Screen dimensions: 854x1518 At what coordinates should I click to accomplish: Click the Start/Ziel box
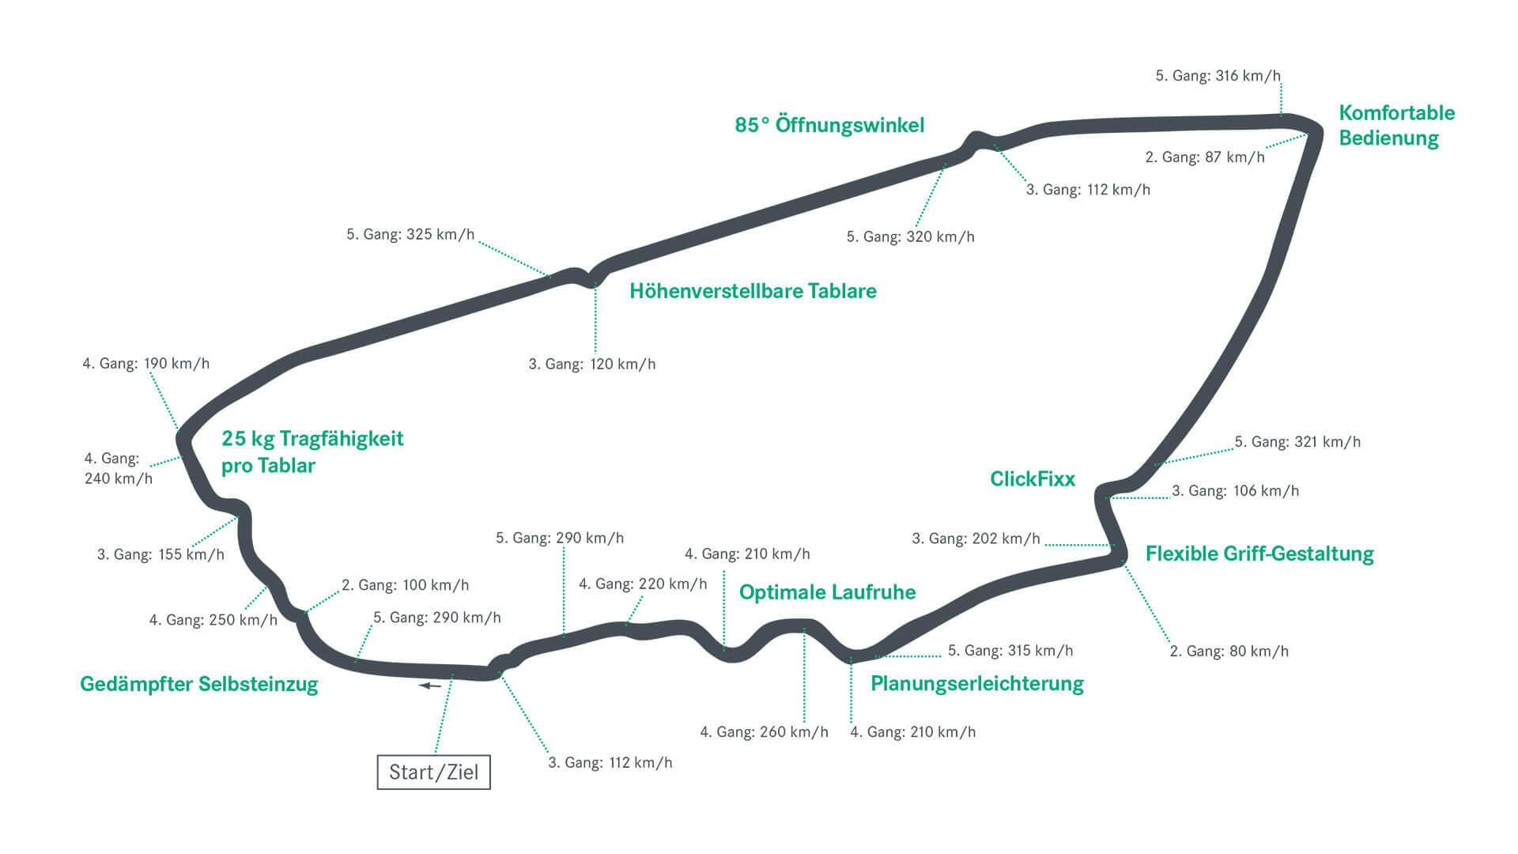click(x=433, y=772)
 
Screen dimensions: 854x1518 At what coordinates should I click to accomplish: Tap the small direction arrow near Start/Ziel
click(x=430, y=686)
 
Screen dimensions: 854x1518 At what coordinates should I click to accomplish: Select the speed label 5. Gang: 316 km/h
click(x=1218, y=76)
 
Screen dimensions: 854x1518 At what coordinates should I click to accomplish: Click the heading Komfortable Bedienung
click(x=1396, y=125)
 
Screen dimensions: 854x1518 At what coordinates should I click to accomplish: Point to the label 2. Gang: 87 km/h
click(x=1204, y=157)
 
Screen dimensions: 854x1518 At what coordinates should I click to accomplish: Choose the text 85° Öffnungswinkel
click(x=829, y=125)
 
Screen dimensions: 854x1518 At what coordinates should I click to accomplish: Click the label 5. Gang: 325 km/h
click(x=410, y=234)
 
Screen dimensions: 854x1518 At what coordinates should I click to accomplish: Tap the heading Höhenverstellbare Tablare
click(x=753, y=291)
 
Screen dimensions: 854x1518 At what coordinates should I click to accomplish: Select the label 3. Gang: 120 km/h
click(x=592, y=365)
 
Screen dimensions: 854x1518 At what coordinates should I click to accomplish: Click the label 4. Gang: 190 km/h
click(x=146, y=364)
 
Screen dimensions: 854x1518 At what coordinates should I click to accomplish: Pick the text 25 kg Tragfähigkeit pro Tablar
click(x=312, y=452)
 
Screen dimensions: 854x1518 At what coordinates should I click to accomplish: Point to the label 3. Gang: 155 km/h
click(x=160, y=554)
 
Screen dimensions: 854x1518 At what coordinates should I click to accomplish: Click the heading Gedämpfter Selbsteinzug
click(x=199, y=684)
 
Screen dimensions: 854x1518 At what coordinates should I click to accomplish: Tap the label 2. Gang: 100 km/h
click(x=405, y=585)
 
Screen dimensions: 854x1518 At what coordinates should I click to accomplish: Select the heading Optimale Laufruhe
click(x=827, y=592)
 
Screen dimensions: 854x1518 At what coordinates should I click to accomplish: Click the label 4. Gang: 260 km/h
click(x=764, y=732)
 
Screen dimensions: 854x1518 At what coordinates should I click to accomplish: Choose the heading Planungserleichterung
click(x=976, y=683)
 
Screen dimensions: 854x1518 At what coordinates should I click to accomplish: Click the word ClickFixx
click(x=1033, y=478)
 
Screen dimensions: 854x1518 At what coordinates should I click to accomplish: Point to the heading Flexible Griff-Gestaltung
click(x=1259, y=554)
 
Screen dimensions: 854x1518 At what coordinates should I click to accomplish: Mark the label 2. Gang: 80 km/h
click(x=1229, y=652)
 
